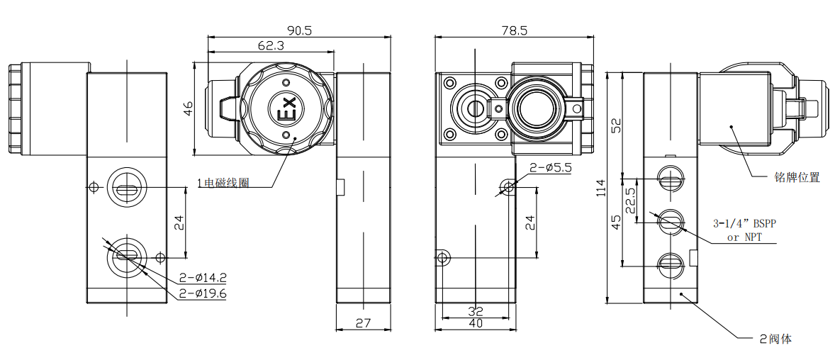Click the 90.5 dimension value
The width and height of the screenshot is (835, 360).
(298, 30)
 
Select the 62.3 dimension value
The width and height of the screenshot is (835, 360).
(271, 46)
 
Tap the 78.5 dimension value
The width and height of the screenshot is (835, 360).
(514, 30)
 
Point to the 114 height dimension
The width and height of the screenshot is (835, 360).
(601, 188)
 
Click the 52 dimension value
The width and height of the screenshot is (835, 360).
(616, 125)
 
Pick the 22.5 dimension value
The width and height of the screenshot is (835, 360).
(631, 201)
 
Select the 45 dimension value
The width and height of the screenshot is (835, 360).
(616, 222)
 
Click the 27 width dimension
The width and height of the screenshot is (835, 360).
(363, 322)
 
